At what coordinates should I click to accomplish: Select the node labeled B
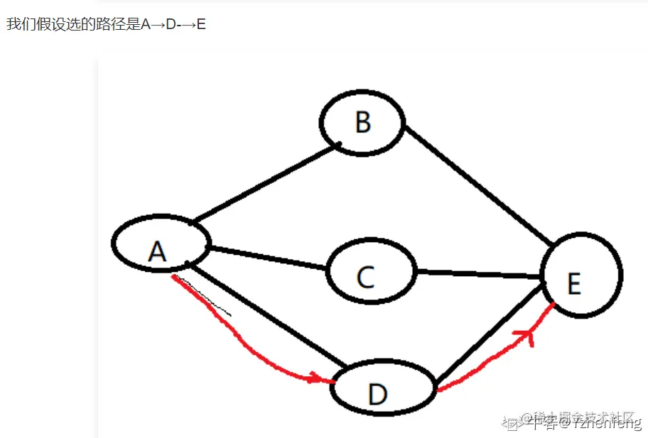pyautogui.click(x=362, y=121)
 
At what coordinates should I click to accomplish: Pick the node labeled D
pyautogui.click(x=382, y=390)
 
